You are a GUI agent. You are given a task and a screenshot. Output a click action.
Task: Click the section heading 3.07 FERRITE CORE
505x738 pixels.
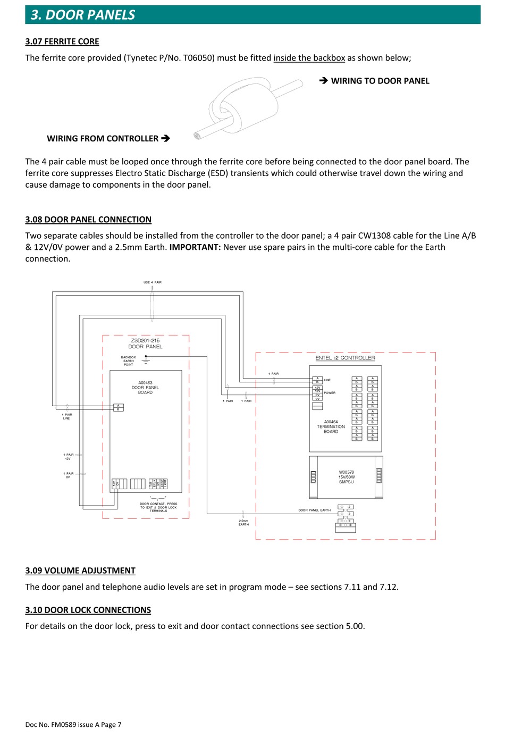(62, 41)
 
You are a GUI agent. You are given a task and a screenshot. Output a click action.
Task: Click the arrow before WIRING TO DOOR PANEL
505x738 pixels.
(323, 81)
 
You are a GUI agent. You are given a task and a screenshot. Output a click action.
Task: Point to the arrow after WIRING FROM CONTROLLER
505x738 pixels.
(165, 138)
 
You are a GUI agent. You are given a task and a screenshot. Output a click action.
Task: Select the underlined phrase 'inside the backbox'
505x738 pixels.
(309, 58)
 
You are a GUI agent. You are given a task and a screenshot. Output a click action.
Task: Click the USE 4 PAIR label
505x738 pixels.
(153, 282)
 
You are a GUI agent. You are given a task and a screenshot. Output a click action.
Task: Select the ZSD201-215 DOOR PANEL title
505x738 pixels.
(145, 343)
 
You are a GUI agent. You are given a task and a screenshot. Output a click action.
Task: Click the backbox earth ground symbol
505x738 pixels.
(146, 360)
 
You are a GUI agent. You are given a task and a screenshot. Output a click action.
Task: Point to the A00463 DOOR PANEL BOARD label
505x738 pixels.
(145, 388)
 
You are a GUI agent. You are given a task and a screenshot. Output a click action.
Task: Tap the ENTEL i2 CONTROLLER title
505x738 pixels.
(345, 358)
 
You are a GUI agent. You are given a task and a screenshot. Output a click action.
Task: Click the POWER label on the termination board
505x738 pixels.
(330, 393)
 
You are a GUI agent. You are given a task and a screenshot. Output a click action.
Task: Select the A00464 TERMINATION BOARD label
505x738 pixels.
(331, 427)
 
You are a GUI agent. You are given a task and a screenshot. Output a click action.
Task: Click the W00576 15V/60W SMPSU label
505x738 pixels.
(346, 477)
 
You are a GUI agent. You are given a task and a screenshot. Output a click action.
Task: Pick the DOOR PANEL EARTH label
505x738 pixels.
(314, 510)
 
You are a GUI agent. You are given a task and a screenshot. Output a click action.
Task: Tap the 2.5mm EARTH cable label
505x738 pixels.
(243, 523)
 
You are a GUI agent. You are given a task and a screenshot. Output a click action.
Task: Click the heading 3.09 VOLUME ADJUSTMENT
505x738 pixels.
(80, 571)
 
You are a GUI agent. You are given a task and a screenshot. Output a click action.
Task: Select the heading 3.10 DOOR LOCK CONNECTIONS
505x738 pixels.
(88, 610)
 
